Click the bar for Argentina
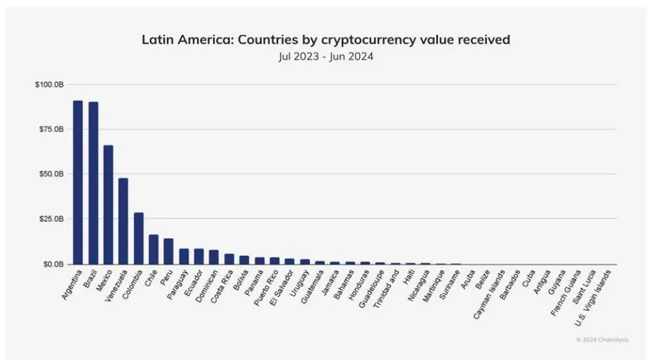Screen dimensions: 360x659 point(78,182)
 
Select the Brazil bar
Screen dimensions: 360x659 point(93,183)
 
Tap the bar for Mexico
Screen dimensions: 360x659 point(108,205)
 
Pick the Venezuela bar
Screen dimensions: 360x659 point(123,221)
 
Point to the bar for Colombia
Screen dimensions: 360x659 point(138,238)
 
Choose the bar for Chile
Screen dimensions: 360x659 point(153,249)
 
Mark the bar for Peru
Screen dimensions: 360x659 point(168,251)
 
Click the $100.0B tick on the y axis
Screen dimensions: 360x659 point(50,85)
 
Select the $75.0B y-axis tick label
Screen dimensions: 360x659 point(51,129)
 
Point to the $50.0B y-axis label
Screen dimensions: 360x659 point(51,175)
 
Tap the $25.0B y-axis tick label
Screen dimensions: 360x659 point(51,219)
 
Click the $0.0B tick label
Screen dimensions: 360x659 point(53,264)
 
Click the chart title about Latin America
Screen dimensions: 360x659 point(326,40)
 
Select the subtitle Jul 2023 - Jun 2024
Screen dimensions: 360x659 point(326,56)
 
